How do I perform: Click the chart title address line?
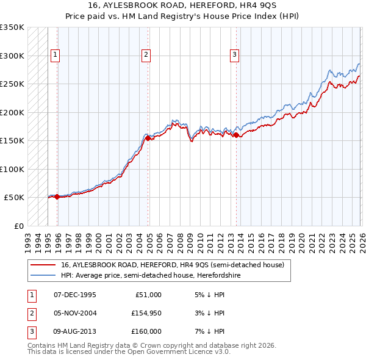(182, 5)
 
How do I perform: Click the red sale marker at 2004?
(148, 139)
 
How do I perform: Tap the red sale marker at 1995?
(57, 196)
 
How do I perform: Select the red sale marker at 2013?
(236, 135)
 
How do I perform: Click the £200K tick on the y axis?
(12, 112)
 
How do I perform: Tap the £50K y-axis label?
(15, 198)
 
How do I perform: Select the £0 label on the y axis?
(18, 226)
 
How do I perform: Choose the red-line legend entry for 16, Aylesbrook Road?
(172, 265)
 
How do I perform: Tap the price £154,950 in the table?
(146, 313)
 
